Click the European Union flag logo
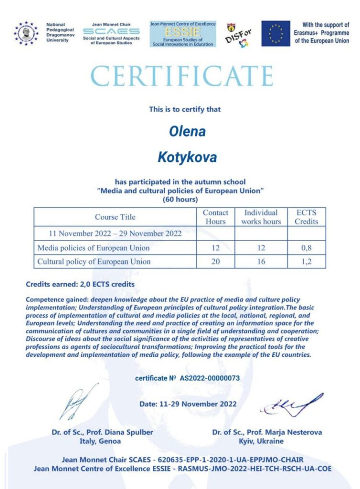tap(275, 33)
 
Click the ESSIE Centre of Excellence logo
tap(183, 34)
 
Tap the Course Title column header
tap(115, 217)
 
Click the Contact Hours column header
tap(215, 217)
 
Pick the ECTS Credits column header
tap(306, 217)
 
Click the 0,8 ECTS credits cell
tap(306, 248)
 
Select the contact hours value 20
tap(215, 261)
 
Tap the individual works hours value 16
tap(261, 261)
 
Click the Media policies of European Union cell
tap(94, 248)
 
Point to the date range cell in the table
tap(115, 234)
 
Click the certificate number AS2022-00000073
tap(209, 378)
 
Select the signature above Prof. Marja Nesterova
tap(290, 406)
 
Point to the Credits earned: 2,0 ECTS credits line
tap(80, 284)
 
